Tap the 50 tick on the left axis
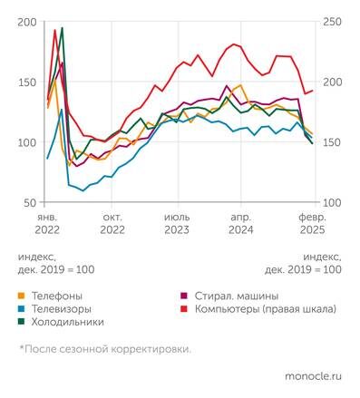[30, 202]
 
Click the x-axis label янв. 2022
[47, 224]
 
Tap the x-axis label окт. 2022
[112, 224]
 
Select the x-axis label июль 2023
[178, 224]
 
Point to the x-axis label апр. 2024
[240, 224]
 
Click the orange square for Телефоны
[22, 296]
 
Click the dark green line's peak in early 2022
[62, 29]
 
